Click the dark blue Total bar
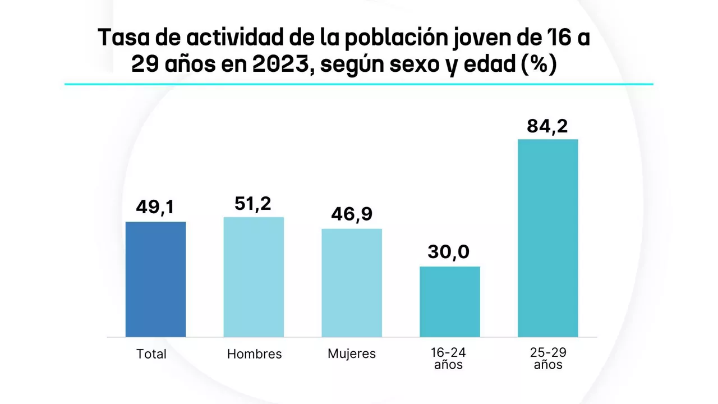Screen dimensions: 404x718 [155, 279]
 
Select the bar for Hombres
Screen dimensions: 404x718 [254, 277]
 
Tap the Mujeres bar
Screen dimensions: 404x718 [352, 283]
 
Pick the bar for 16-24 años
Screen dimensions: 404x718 [450, 302]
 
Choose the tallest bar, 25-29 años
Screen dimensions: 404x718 [547, 238]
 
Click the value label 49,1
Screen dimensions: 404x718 [155, 208]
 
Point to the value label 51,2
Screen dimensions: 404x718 [253, 203]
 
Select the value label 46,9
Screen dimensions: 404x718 [352, 214]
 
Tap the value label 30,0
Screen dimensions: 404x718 [449, 252]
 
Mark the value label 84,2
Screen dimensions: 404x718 [547, 126]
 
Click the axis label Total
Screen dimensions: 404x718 [151, 354]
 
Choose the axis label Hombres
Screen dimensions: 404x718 [254, 354]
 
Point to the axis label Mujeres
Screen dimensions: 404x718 [352, 354]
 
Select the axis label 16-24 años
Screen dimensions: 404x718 [448, 359]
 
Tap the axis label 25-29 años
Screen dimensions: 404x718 [548, 359]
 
